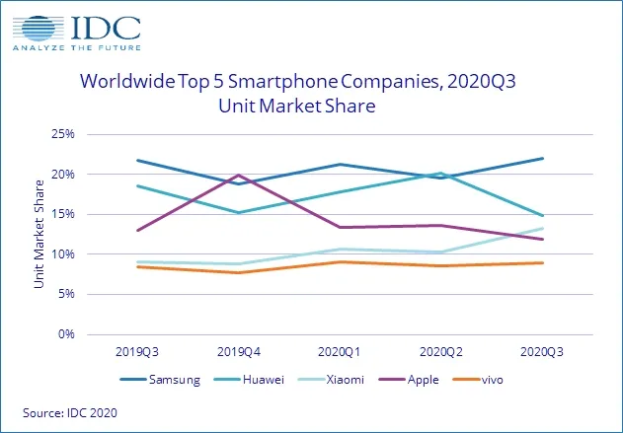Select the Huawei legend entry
[264, 379]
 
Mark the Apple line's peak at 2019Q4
[239, 176]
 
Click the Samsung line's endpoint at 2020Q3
[543, 159]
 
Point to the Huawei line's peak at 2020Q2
[441, 174]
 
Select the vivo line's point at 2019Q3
[137, 266]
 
